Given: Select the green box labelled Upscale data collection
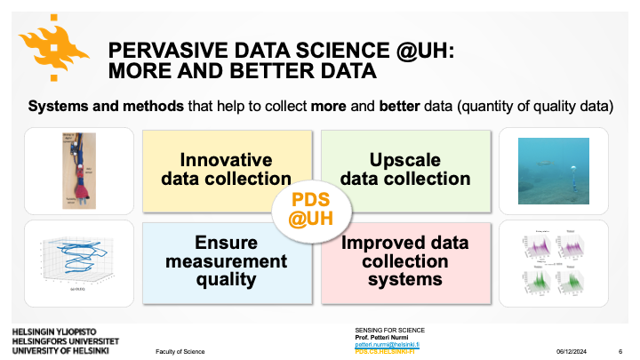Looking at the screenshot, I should [404, 169].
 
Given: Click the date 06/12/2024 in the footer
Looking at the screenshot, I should [574, 352].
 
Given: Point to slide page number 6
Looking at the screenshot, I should [619, 352].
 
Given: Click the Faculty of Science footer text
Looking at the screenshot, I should [180, 352].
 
